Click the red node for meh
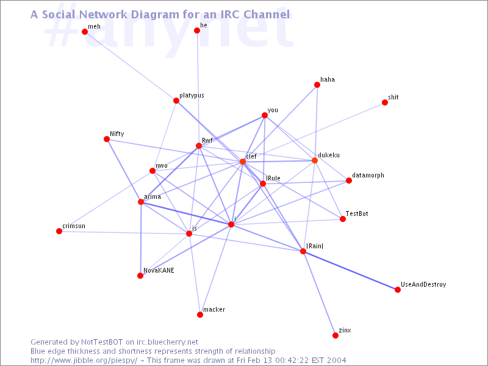tap(85, 32)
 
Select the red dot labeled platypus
tap(176, 101)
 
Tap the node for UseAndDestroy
tap(398, 290)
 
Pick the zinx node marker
tap(335, 335)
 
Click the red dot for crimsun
tap(59, 231)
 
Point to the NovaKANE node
tap(140, 276)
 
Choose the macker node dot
tap(200, 315)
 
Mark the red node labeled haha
tap(318, 85)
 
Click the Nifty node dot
tap(107, 139)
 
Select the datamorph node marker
tap(349, 181)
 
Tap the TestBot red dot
tap(343, 219)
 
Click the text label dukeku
tap(328, 155)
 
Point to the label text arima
tap(152, 196)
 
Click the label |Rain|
tap(315, 246)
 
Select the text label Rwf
tap(207, 140)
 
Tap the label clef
tap(251, 156)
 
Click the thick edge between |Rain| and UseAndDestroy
tap(351, 271)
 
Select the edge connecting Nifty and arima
tap(124, 170)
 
